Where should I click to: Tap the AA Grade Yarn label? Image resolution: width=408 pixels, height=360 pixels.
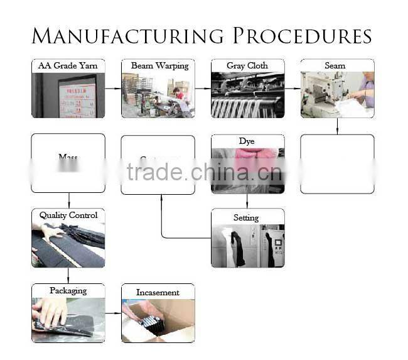click(68, 66)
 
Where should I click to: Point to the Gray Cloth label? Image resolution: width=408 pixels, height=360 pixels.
click(247, 66)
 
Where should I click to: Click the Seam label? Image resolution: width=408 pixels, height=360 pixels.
click(337, 66)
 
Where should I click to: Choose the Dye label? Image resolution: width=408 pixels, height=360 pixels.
click(247, 141)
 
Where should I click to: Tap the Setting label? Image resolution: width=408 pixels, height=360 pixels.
click(247, 217)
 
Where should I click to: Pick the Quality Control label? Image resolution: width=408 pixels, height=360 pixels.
click(68, 215)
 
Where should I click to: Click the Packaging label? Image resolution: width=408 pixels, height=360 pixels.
click(68, 291)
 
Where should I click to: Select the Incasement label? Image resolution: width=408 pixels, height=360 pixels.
click(158, 292)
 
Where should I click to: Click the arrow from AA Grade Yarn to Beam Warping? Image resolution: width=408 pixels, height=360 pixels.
click(113, 89)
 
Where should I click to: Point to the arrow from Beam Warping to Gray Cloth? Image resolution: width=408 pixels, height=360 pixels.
click(203, 89)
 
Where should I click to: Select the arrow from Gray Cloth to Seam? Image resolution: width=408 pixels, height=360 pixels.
click(293, 89)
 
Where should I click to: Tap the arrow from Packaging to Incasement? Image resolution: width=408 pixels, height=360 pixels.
click(113, 313)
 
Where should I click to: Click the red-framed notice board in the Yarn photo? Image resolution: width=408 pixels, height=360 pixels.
click(78, 97)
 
